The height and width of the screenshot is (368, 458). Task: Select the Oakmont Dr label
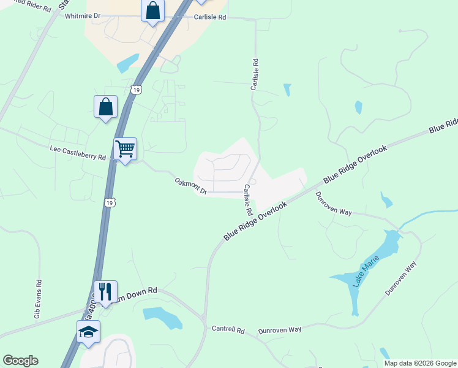pos(191,185)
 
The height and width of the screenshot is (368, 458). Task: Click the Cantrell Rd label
pos(228,330)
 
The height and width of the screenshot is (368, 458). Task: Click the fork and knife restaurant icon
pos(105,292)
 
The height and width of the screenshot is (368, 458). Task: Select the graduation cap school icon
pos(88,332)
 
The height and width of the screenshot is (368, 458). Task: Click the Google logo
pos(20,361)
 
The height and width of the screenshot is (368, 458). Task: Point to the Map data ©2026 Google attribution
pos(420,363)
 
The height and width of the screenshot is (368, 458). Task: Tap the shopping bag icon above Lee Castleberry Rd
pos(105,107)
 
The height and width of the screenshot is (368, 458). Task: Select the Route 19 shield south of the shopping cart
pos(109,202)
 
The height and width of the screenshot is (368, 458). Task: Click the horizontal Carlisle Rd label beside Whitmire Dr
pos(210,17)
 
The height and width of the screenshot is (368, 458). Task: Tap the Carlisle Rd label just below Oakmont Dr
pos(247,200)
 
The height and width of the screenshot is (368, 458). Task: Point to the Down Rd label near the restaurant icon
pos(143,290)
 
